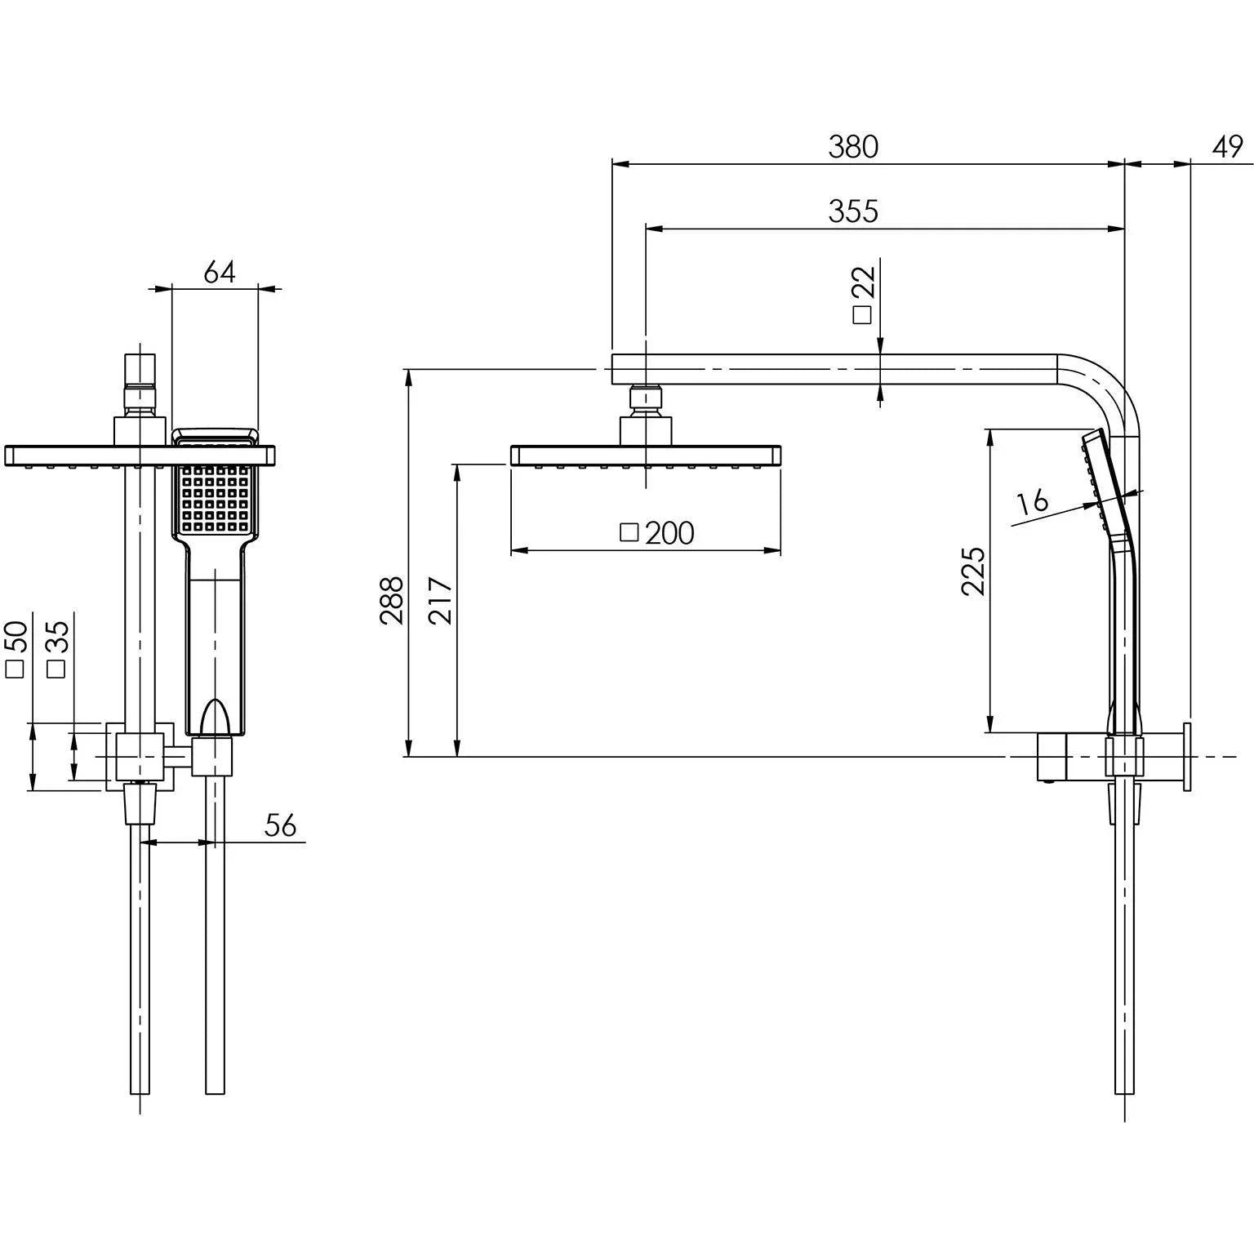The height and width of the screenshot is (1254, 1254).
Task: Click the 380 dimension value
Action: coord(853,147)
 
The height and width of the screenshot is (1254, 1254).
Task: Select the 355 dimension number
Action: coord(853,211)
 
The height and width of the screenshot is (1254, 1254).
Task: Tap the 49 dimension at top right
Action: coord(1227,147)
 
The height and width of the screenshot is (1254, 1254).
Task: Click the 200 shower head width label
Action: coord(669,533)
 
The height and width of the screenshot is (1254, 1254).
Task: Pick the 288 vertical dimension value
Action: coord(392,601)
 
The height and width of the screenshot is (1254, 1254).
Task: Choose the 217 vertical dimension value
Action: coord(441,601)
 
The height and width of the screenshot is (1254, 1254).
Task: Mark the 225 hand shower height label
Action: coord(973,571)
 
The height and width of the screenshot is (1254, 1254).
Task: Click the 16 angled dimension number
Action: coord(1034,500)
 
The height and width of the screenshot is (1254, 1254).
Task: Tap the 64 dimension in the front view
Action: coord(219,272)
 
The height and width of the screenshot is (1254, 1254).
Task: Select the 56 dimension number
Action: coord(281,825)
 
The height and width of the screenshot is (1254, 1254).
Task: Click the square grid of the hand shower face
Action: coord(216,499)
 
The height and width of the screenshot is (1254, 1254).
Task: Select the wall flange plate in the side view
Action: coord(1186,756)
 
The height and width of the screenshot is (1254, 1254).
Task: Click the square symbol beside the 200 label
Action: coord(629,532)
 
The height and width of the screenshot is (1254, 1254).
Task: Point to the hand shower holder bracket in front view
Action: coord(212,756)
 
